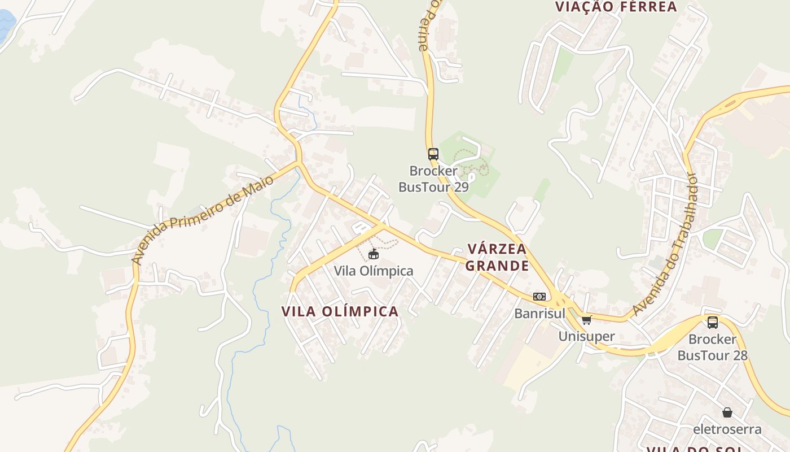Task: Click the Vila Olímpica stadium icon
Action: point(373,254)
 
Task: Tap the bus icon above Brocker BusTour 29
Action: point(433,154)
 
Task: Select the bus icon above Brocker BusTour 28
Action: point(713,323)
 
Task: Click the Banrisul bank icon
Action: point(539,297)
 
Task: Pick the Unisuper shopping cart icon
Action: point(587,320)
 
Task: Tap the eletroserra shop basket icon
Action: point(727,413)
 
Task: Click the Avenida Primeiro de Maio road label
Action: point(203,220)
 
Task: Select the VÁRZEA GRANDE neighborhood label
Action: point(497,257)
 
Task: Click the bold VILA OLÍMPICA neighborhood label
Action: point(340,311)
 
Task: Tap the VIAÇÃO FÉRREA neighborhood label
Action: point(616,7)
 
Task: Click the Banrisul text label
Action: point(539,313)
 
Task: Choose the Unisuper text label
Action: point(586,337)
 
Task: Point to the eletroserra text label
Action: point(727,429)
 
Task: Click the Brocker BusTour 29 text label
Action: point(433,179)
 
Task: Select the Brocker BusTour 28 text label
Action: point(712,347)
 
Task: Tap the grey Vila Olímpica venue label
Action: point(374,271)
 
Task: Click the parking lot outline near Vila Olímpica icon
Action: point(359,228)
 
